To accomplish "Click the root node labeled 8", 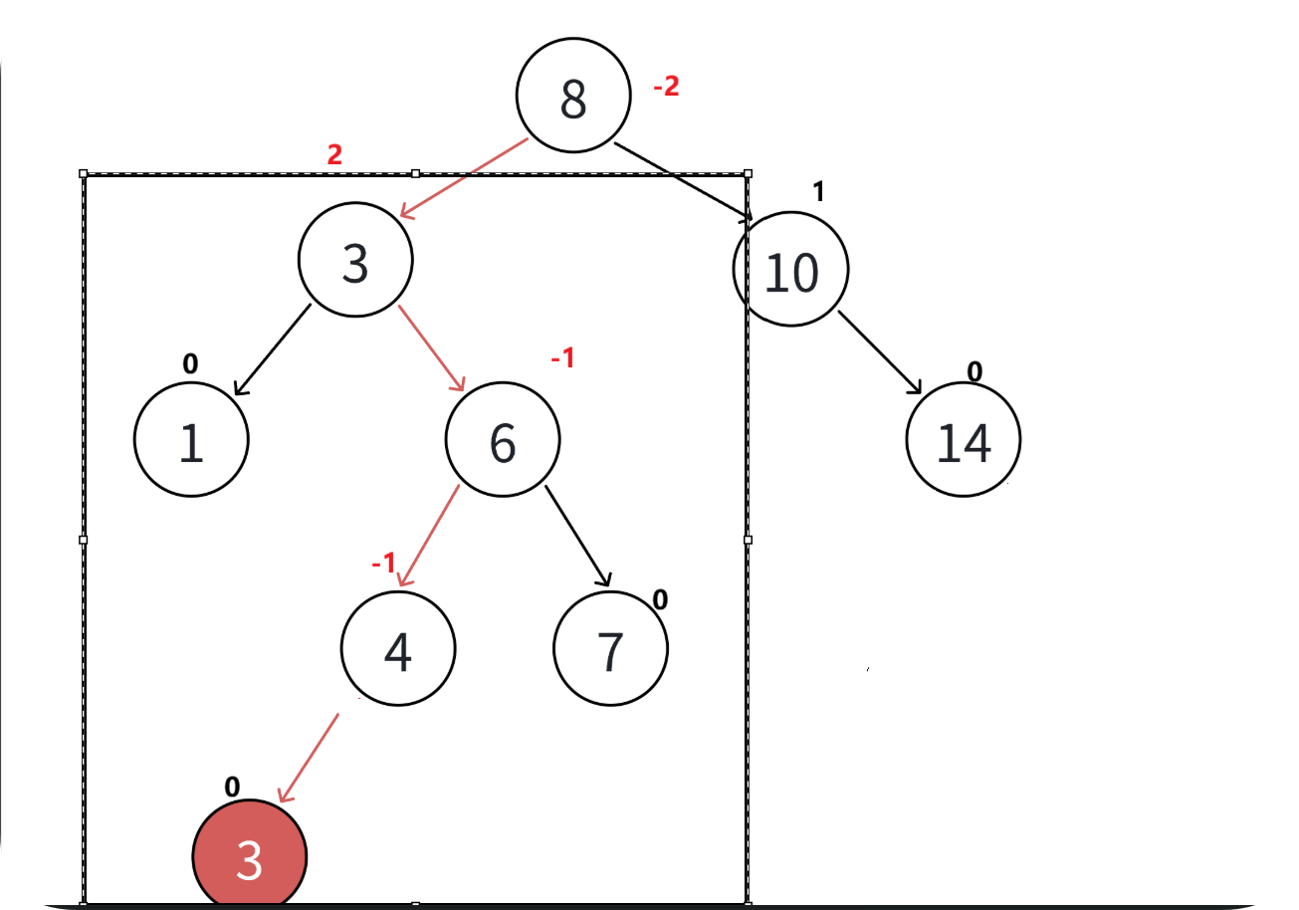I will (573, 96).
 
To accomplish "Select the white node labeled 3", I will (355, 261).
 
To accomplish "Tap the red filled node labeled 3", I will (249, 856).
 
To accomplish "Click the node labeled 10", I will (791, 269).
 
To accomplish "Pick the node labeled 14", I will (964, 439).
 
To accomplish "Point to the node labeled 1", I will (191, 439).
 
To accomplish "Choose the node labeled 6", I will (503, 439).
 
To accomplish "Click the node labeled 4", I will (398, 648).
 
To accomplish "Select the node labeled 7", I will (610, 648).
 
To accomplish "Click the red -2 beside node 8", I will (666, 87).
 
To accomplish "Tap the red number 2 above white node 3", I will (334, 155).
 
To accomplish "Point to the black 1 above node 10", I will (818, 192).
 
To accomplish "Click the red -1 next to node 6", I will (562, 358).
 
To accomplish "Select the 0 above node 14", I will (974, 371).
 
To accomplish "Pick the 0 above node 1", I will (190, 364).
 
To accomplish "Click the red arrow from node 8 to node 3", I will (463, 177).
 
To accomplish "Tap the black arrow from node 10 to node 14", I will (881, 353).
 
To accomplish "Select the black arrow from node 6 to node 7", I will (577, 535).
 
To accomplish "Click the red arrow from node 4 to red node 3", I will (309, 757).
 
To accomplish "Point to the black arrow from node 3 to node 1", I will (271, 350).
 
